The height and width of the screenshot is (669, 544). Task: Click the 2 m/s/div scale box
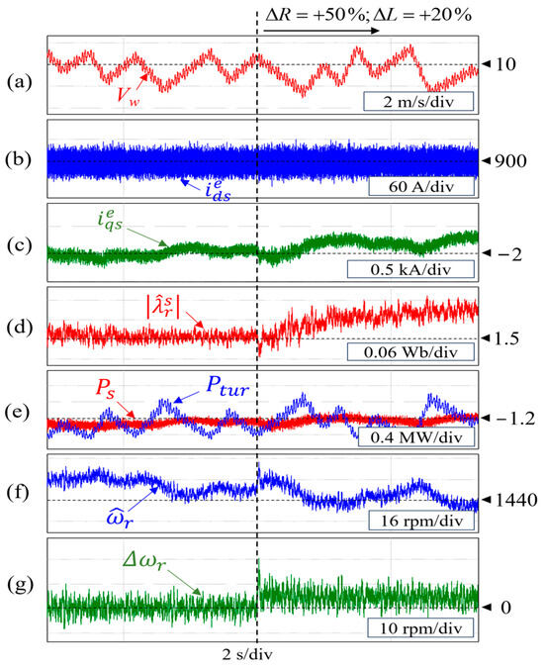[x=415, y=99]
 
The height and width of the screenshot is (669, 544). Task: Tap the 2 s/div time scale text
[x=249, y=655]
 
